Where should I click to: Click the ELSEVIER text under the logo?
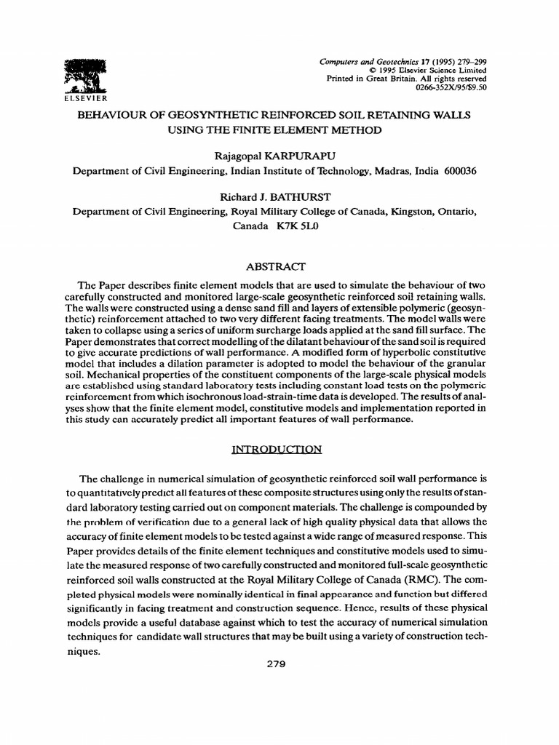point(86,97)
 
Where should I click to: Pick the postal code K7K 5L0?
point(296,226)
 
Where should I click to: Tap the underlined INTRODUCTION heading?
point(276,449)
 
